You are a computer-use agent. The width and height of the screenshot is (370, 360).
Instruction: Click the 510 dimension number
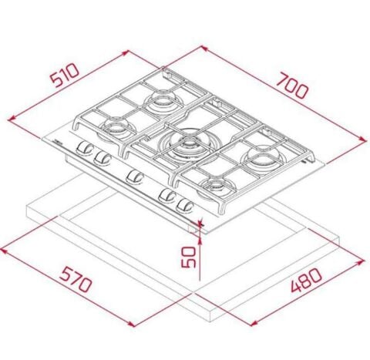[65, 76]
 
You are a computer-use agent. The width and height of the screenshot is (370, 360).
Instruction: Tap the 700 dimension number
[293, 85]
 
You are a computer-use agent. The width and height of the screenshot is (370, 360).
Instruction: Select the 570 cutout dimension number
[76, 279]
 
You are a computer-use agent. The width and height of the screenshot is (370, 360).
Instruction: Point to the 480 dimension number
[306, 280]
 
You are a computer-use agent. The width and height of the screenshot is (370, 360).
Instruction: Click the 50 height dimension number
[189, 257]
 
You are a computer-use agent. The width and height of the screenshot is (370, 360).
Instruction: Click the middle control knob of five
[135, 177]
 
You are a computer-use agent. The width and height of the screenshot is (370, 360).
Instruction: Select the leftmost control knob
[85, 149]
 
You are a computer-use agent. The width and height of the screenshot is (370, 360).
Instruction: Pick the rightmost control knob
[184, 206]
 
